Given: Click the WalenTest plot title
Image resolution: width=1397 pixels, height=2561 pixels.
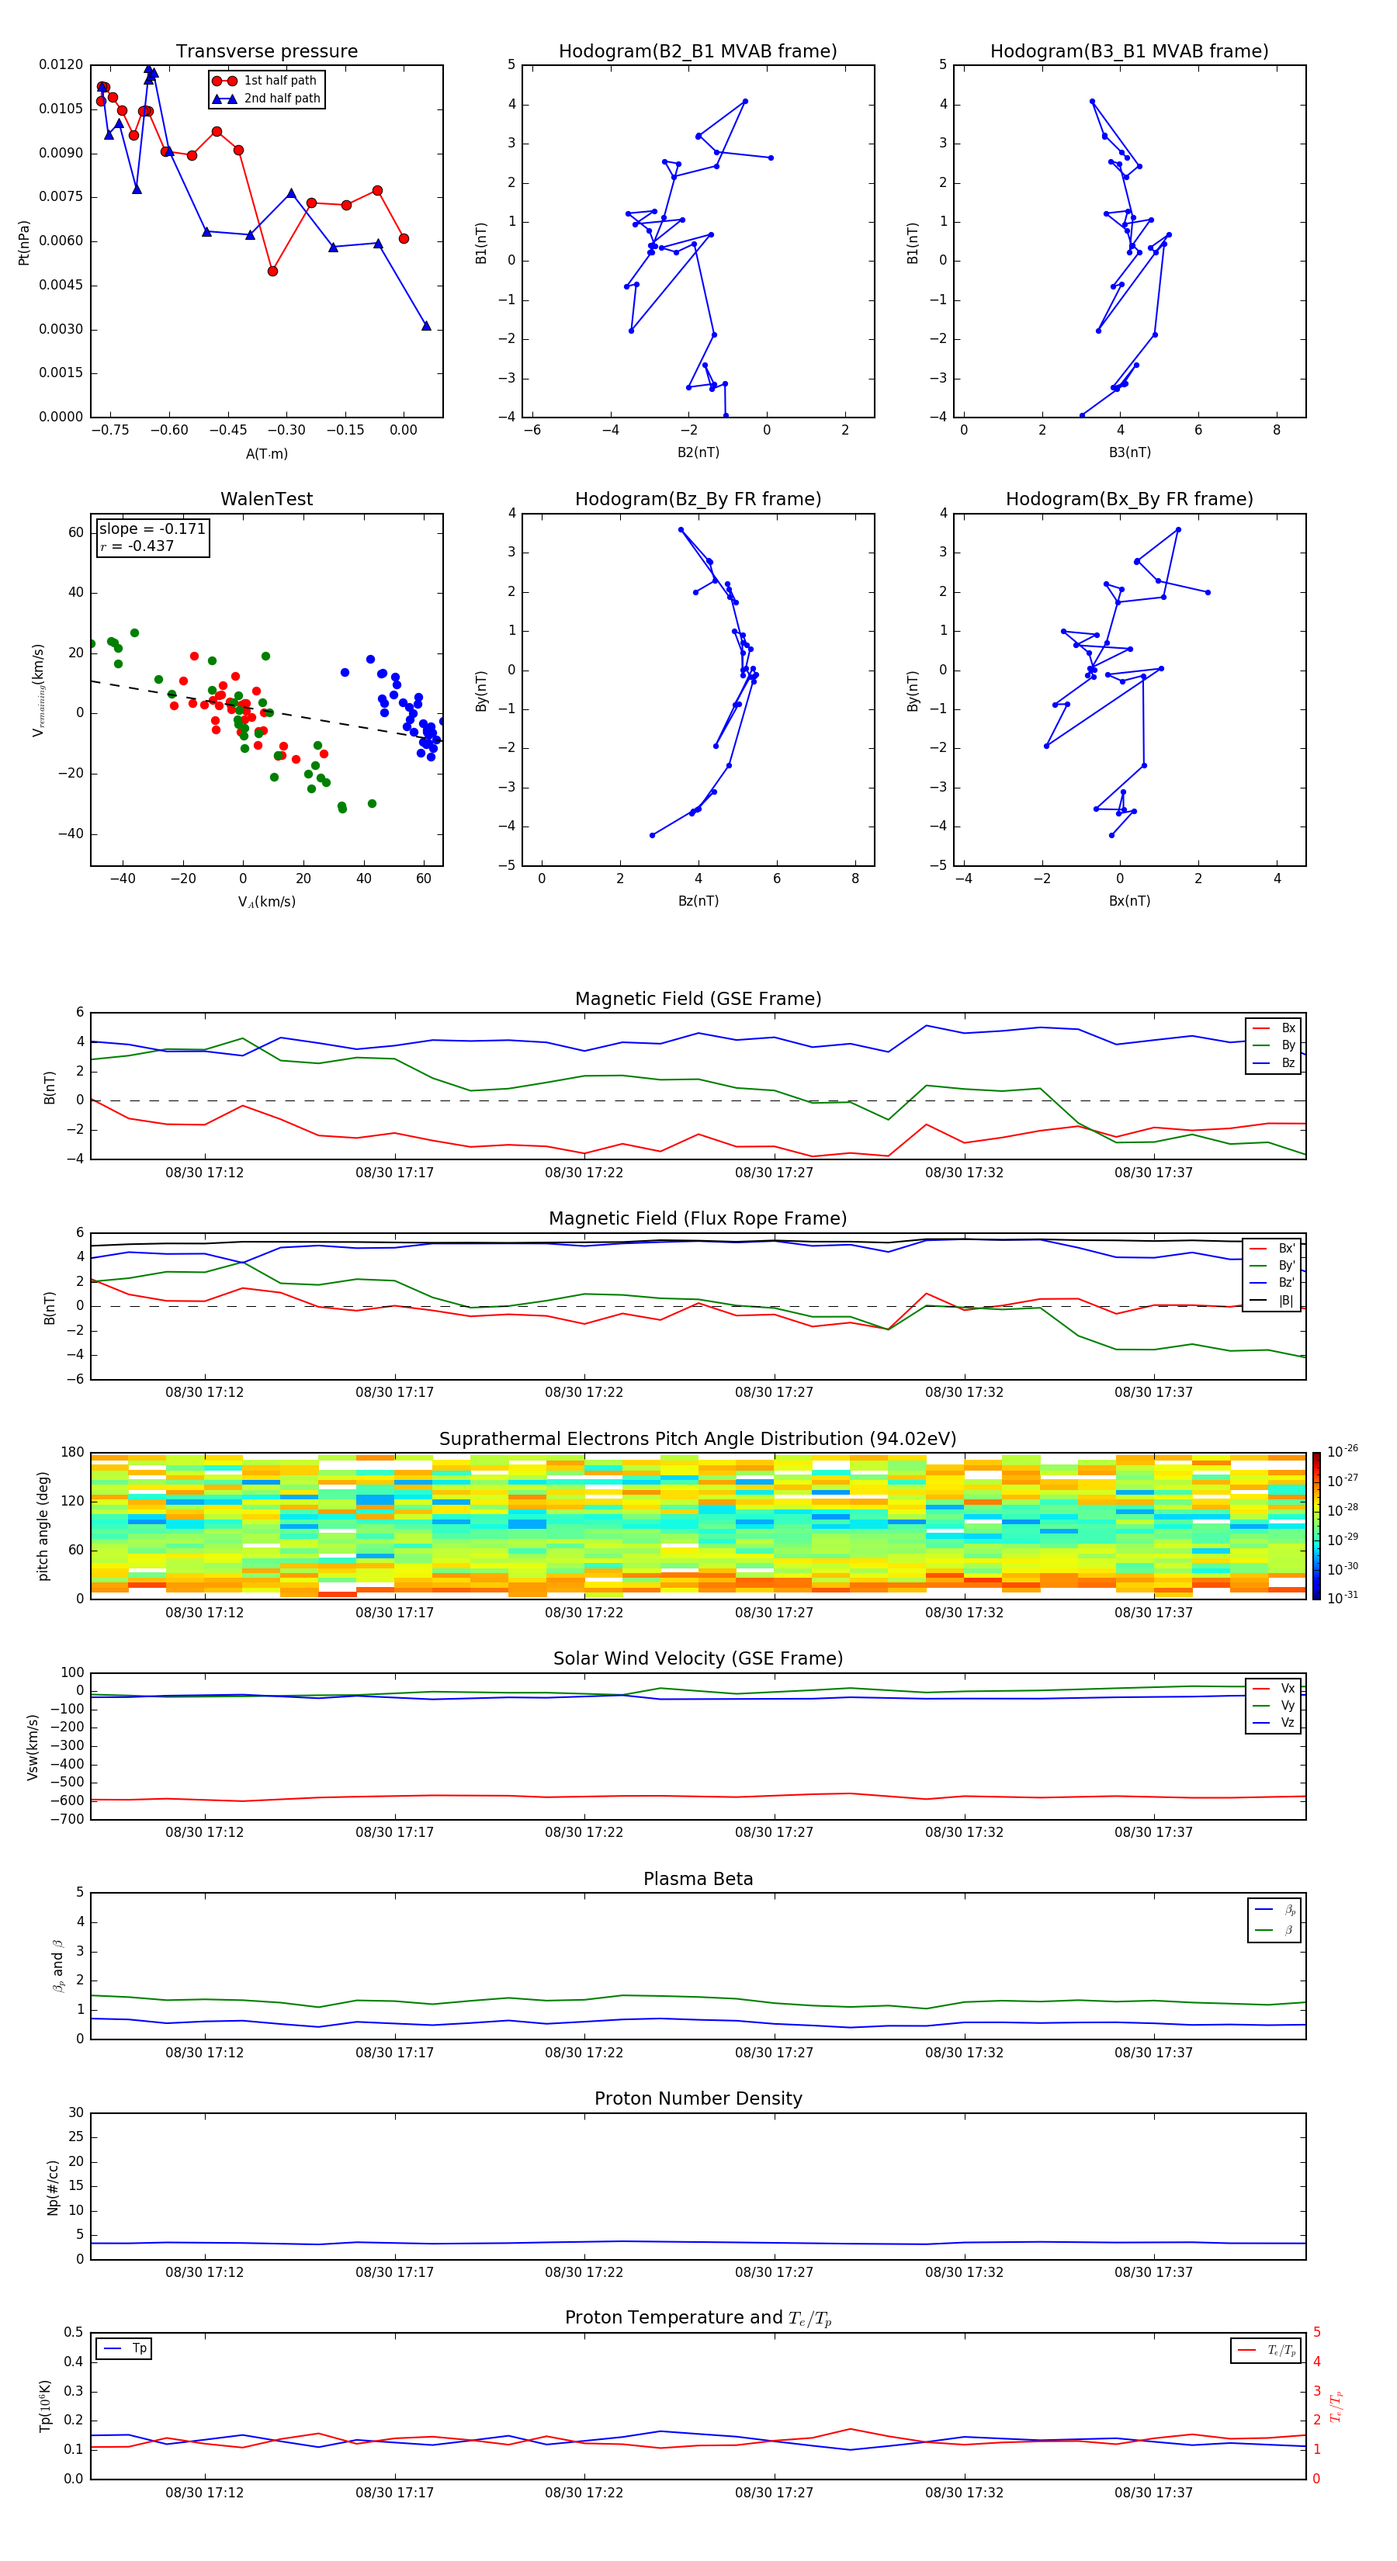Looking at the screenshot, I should tap(266, 499).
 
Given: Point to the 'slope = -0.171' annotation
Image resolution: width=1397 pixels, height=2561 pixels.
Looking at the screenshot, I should tap(152, 529).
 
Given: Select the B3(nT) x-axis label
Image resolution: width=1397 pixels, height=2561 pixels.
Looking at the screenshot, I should tap(1129, 452).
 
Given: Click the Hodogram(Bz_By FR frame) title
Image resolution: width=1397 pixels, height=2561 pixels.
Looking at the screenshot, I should tap(697, 499).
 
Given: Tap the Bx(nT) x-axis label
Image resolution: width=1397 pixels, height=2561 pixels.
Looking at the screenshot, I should tap(1129, 901).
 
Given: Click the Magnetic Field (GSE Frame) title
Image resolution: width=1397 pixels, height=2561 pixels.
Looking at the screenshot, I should tap(697, 999).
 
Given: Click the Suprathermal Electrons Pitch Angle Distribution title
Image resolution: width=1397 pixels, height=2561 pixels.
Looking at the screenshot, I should tap(697, 1439).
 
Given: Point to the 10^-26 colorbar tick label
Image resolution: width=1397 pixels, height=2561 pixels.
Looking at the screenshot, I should tap(1343, 1450).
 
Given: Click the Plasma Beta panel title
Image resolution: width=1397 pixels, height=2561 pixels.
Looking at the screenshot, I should tap(697, 1879).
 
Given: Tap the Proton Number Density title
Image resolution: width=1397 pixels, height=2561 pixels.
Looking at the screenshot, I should tap(697, 2098).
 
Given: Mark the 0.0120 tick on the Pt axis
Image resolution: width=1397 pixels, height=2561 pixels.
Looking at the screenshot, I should tap(61, 64).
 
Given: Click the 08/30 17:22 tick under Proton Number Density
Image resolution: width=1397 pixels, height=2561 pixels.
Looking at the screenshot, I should tap(584, 2272).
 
